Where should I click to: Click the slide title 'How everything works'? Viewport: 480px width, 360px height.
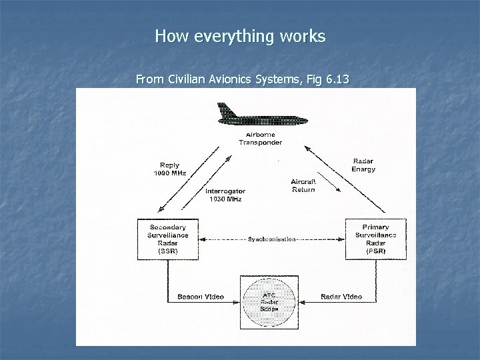tap(240, 35)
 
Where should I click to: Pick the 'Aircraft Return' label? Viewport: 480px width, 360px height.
tap(303, 185)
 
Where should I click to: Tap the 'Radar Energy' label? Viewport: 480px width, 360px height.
tap(363, 165)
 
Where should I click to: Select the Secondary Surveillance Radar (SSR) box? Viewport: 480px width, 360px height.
tap(168, 239)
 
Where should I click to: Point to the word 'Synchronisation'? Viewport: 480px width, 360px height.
tap(271, 239)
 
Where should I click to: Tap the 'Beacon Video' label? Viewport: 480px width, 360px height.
tap(200, 297)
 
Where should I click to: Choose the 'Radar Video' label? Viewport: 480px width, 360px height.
tap(341, 297)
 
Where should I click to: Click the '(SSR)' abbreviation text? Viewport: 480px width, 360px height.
tap(168, 251)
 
